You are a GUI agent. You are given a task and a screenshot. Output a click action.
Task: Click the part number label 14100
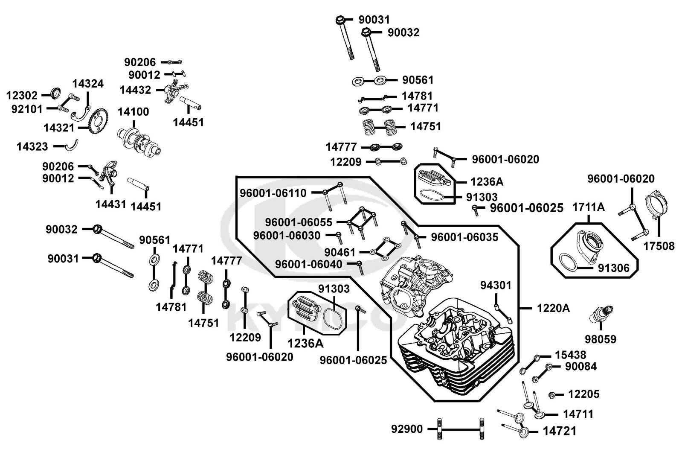pyautogui.click(x=133, y=112)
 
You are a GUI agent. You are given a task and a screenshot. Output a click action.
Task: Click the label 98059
pyautogui.click(x=601, y=339)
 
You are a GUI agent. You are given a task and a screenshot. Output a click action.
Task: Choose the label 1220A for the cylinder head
pyautogui.click(x=553, y=308)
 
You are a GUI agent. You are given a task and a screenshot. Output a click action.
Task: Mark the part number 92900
pyautogui.click(x=407, y=429)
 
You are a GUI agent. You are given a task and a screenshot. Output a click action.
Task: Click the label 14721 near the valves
pyautogui.click(x=560, y=431)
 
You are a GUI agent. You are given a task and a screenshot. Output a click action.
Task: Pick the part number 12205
pyautogui.click(x=584, y=394)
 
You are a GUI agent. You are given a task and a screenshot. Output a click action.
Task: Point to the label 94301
pyautogui.click(x=496, y=285)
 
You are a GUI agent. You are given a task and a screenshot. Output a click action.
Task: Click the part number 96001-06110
pyautogui.click(x=273, y=193)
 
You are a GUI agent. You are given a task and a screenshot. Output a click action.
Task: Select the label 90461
pyautogui.click(x=340, y=252)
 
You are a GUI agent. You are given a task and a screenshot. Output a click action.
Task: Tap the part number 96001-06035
pyautogui.click(x=464, y=237)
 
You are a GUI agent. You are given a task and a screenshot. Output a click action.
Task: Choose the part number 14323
pyautogui.click(x=32, y=147)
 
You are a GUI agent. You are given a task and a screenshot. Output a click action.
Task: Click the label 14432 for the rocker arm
pyautogui.click(x=135, y=90)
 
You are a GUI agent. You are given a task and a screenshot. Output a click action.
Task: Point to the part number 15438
pyautogui.click(x=570, y=355)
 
